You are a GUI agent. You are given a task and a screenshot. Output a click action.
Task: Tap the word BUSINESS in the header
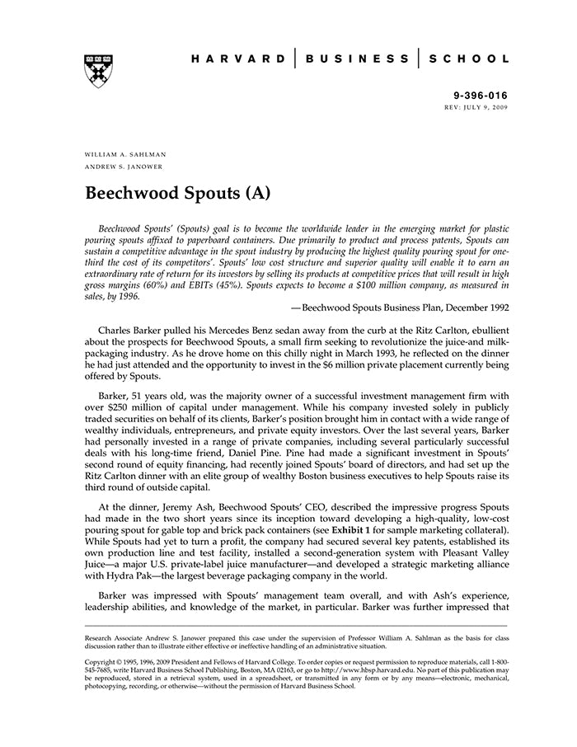point(357,59)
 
